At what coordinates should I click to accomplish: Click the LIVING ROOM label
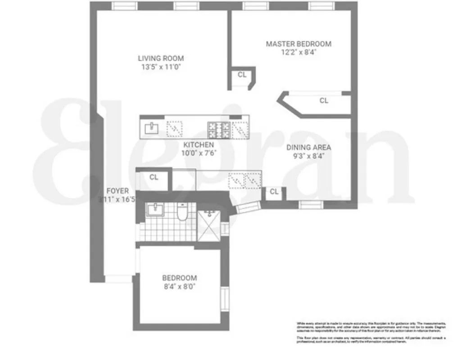(x=161, y=58)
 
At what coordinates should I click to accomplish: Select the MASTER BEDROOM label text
(x=299, y=44)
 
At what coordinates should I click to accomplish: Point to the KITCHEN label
(x=198, y=144)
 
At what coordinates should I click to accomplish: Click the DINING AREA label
(x=309, y=148)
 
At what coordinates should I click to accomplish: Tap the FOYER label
(x=118, y=191)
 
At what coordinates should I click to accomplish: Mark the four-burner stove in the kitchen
(x=218, y=130)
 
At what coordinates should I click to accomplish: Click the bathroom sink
(x=156, y=209)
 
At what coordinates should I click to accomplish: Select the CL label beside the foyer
(x=154, y=177)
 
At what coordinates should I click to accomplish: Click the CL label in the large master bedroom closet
(x=324, y=101)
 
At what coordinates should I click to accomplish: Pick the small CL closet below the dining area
(x=274, y=192)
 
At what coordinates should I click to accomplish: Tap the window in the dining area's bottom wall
(x=312, y=205)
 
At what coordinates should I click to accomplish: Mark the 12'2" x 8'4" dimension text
(x=299, y=52)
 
